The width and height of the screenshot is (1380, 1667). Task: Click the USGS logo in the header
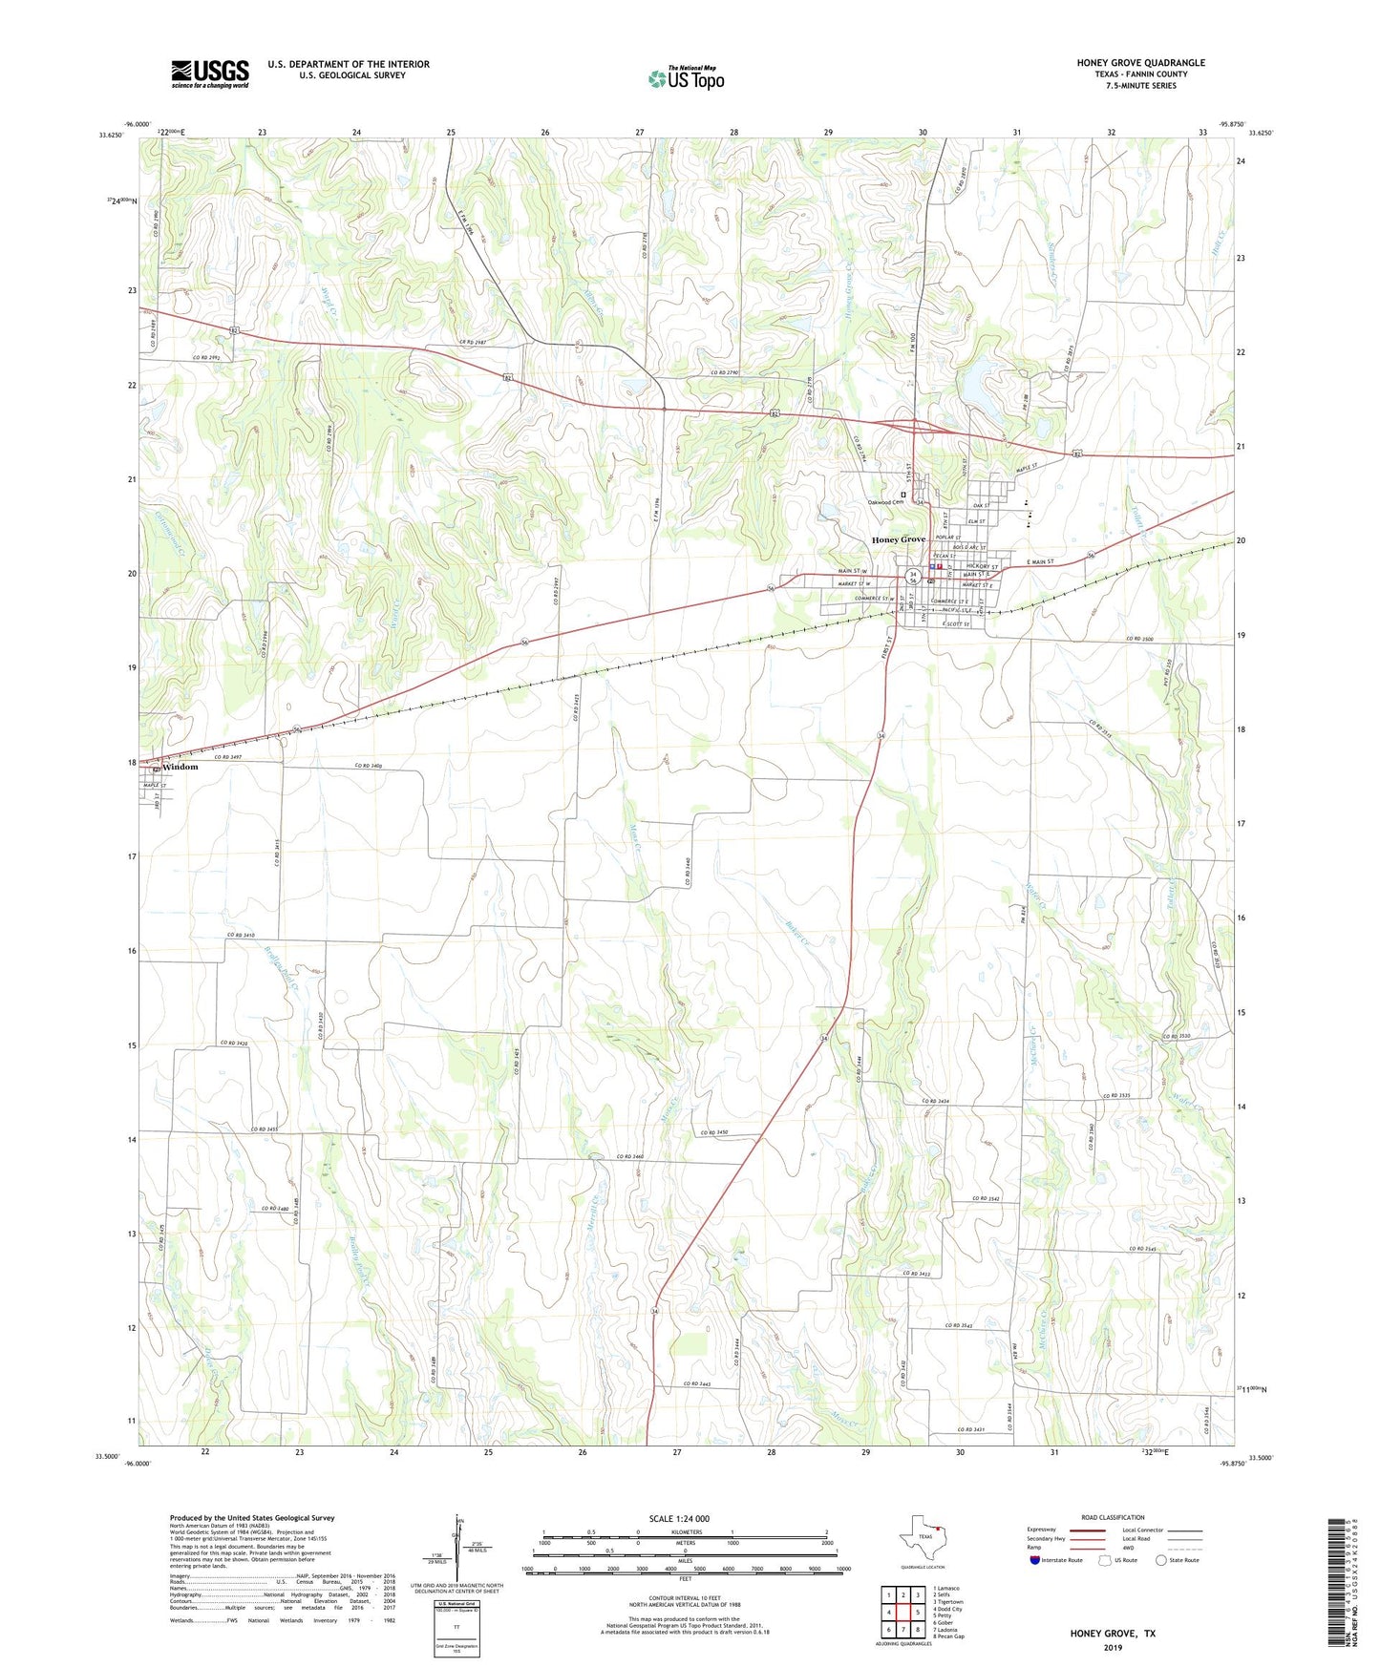click(x=210, y=74)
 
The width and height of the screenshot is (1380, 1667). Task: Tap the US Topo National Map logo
click(x=686, y=78)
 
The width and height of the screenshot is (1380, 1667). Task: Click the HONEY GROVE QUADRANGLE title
click(x=1140, y=63)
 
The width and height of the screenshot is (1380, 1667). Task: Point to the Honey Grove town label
click(x=898, y=539)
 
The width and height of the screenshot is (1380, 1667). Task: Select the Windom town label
click(x=180, y=767)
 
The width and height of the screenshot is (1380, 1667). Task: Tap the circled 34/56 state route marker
click(x=913, y=577)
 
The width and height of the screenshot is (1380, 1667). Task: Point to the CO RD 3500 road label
click(x=1146, y=639)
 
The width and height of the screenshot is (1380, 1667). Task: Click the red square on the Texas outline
click(x=938, y=1537)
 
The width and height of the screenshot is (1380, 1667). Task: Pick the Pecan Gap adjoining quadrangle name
click(x=950, y=1635)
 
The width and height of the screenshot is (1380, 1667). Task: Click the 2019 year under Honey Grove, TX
click(x=1112, y=1648)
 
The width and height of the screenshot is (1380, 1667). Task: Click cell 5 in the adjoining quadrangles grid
click(x=917, y=1613)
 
